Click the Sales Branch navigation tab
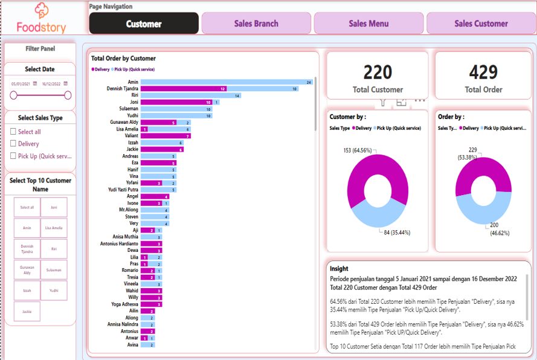256,24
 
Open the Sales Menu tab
368,24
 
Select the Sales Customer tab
481,24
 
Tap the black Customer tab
144,24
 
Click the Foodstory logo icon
41,10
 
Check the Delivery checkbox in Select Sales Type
13,144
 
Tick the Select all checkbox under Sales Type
13,132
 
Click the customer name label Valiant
130,136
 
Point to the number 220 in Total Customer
378,72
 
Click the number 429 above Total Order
483,72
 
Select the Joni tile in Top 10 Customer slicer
54,207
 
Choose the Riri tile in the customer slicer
54,248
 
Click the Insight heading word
339,269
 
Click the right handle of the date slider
68,95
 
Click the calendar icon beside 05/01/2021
35,84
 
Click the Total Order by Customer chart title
123,59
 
